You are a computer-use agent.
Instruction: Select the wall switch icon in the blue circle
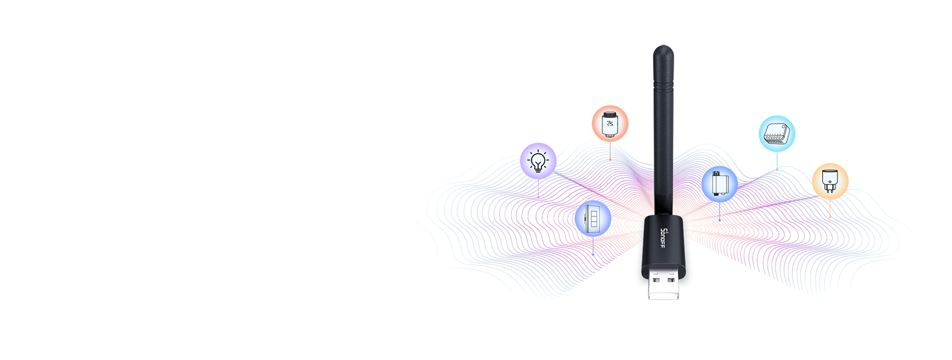(593, 218)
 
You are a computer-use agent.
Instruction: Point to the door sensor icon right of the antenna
(719, 183)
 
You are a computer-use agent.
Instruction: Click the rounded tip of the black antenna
(663, 50)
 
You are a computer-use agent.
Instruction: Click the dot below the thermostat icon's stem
(610, 160)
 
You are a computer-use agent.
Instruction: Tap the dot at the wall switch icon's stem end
(593, 254)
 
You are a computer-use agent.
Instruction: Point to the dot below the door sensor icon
(719, 220)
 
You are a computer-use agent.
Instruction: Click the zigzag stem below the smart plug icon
(830, 211)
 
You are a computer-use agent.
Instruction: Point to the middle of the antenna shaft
(663, 129)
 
